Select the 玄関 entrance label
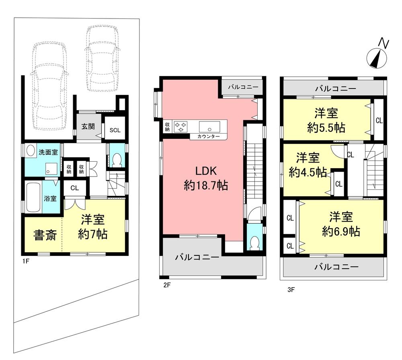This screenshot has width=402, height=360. tap(88, 126)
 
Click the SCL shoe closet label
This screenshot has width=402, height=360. tap(115, 130)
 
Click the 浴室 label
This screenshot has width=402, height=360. tap(50, 198)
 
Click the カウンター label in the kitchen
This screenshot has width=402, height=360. tap(208, 137)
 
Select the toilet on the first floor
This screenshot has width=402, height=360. tap(117, 160)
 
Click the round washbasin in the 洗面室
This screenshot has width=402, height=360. tap(30, 152)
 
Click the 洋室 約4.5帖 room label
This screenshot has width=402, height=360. tap(308, 165)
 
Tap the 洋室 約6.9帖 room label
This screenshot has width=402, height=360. tap(340, 224)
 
